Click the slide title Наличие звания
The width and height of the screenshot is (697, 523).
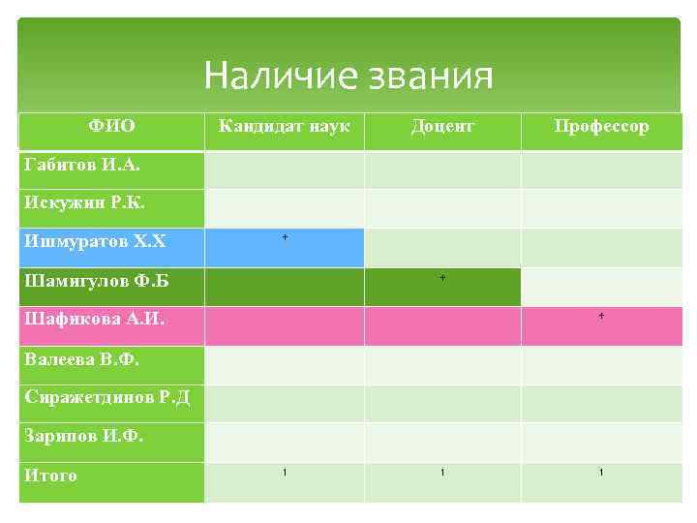(348, 76)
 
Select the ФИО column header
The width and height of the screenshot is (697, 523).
(111, 126)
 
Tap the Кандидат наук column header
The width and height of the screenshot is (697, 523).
(284, 126)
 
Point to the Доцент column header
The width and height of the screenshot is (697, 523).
(442, 126)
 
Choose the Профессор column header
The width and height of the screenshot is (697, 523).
(601, 126)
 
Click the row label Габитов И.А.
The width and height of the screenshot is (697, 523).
(81, 166)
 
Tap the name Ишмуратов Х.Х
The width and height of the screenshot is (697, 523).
(95, 241)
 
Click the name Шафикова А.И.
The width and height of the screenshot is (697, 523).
(94, 320)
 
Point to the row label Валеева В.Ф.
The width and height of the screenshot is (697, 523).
(82, 359)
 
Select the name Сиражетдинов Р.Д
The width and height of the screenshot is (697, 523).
(107, 397)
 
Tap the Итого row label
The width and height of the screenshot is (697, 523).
(51, 476)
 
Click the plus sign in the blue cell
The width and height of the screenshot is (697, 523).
(285, 237)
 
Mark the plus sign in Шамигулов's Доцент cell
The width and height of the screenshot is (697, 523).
(442, 278)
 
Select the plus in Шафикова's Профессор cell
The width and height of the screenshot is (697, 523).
(601, 317)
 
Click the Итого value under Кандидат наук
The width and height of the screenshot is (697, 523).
(285, 472)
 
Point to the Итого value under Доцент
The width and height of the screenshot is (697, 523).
(442, 472)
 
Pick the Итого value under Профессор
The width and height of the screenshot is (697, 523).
(601, 472)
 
